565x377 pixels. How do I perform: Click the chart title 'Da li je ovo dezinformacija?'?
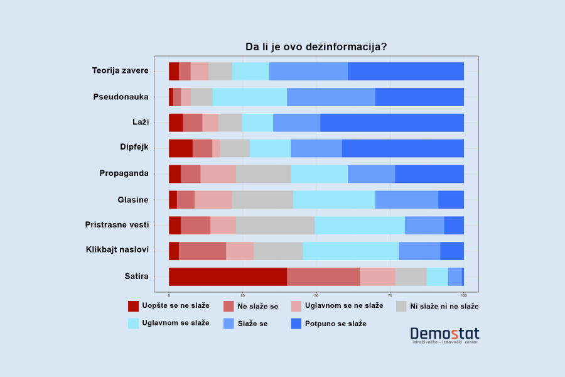coord(316,47)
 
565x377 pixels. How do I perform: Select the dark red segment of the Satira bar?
coord(228,276)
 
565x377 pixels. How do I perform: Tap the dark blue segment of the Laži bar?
coord(392,123)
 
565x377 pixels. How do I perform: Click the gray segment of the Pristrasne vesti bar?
coord(275,225)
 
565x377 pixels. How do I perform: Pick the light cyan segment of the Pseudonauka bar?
coord(249,97)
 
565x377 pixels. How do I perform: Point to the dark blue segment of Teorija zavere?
coord(406,71)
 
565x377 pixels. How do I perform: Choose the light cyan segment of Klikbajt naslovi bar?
coord(350,251)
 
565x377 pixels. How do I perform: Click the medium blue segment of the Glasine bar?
coord(406,199)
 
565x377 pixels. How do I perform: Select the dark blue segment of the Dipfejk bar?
coord(402,148)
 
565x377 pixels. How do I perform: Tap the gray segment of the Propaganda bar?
coord(263,174)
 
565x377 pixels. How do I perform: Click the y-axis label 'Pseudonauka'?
coord(121,97)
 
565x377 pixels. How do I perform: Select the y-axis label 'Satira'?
coord(136,276)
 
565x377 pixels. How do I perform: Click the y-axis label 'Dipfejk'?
coord(134,148)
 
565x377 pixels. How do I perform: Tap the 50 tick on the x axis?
coord(316,295)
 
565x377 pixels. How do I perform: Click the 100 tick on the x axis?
coord(464,295)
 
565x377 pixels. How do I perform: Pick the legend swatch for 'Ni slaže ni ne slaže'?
coord(401,306)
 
